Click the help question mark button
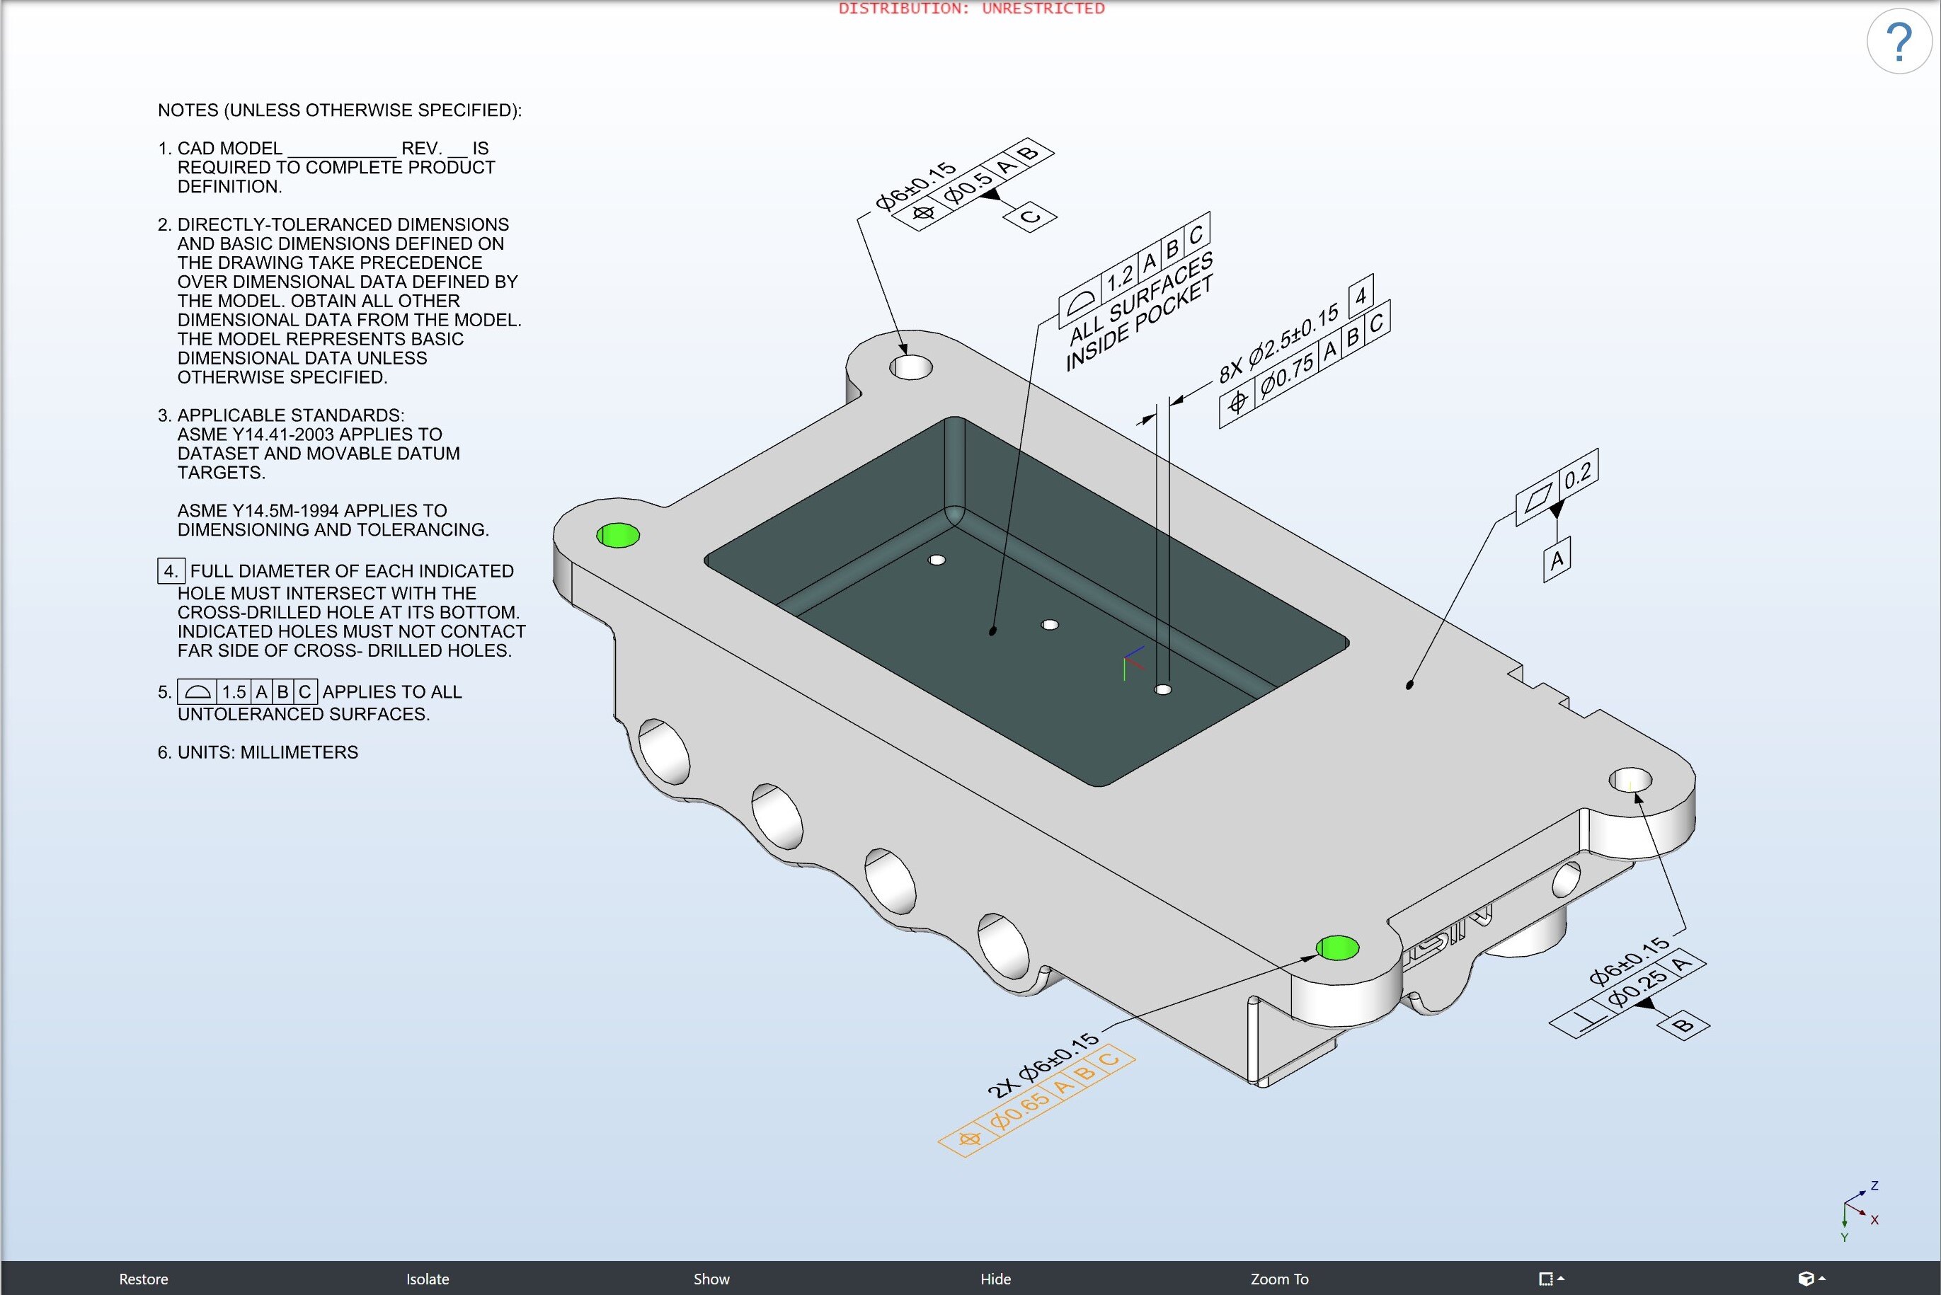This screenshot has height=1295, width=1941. [x=1899, y=41]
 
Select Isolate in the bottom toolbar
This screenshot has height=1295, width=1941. [x=427, y=1279]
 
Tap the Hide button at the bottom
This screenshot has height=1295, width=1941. [x=995, y=1279]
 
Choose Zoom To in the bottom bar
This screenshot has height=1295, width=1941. [x=1278, y=1279]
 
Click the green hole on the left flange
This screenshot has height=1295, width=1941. [x=618, y=535]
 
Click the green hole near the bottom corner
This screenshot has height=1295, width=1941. [x=1336, y=948]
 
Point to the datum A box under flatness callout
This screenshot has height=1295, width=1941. [x=1557, y=560]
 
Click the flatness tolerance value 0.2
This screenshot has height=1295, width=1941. [x=1578, y=475]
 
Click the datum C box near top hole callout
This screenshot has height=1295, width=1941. [x=1029, y=217]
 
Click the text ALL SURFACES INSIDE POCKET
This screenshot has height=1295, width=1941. [x=1140, y=313]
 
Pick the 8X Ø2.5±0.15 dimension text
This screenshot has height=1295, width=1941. [x=1278, y=344]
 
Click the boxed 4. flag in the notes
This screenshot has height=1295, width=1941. [x=170, y=570]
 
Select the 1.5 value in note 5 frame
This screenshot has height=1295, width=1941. [x=234, y=692]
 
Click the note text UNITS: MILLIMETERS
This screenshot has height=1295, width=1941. [x=258, y=752]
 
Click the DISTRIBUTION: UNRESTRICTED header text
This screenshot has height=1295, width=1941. [x=971, y=8]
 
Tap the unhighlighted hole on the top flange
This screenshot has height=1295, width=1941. [x=910, y=367]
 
